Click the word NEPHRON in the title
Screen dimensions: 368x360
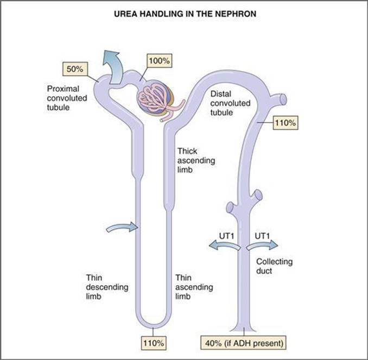[236, 14]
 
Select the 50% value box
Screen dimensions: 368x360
[75, 69]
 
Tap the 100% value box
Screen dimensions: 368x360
[160, 61]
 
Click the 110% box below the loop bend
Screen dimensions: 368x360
[154, 343]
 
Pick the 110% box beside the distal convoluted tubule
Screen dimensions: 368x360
[285, 123]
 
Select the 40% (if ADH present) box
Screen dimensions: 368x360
[244, 343]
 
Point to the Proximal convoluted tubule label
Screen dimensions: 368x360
[67, 98]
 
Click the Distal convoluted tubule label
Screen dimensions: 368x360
[230, 103]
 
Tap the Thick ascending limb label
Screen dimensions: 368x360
[196, 160]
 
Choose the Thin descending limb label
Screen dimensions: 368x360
[107, 287]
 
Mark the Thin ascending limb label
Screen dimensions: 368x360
[194, 287]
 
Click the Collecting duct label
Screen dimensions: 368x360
[274, 266]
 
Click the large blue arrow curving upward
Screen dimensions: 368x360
[113, 67]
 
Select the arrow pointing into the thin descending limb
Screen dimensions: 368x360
[122, 227]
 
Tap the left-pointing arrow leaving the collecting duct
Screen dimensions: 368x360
[225, 245]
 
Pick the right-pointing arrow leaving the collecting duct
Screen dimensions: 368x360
[262, 245]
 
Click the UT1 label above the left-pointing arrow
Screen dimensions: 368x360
[226, 236]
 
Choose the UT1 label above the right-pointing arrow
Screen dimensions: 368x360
[262, 236]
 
